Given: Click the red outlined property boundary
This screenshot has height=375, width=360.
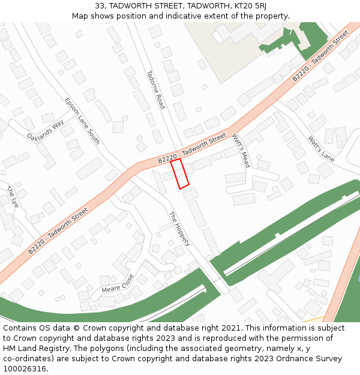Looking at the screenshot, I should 179,173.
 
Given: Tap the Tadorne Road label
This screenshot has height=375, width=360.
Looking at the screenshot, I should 155,89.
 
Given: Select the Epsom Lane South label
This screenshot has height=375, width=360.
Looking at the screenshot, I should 82,121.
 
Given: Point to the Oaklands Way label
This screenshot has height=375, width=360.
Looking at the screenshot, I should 46,130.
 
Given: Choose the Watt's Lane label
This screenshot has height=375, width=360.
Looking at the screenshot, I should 321,149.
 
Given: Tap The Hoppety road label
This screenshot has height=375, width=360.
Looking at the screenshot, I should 179,229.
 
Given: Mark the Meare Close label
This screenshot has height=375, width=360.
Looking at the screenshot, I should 118,284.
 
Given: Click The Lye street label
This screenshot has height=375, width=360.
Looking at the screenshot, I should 13,197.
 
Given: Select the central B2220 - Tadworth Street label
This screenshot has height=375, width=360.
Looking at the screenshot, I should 192,148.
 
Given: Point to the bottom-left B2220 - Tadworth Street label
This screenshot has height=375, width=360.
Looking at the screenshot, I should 58,231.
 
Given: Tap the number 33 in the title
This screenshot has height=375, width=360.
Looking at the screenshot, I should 100,6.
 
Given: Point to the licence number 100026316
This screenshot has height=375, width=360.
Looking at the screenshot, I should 25,368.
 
